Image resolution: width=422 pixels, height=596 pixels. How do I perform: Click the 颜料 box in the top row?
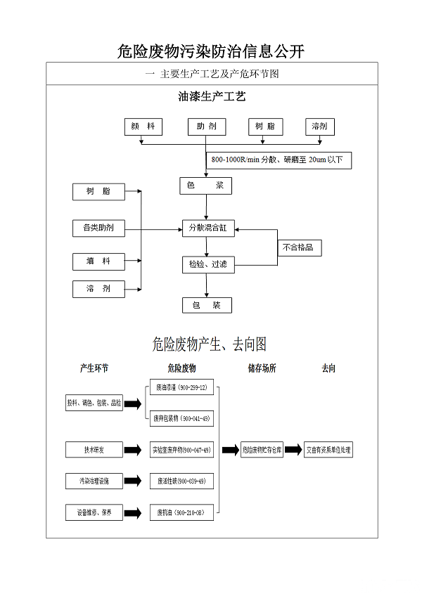143,127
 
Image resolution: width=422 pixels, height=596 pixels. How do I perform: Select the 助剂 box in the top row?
207,127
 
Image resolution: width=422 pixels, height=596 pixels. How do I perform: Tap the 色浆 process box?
205,186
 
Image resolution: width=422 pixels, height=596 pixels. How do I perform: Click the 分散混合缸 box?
207,228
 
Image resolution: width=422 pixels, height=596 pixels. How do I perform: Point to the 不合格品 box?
298,247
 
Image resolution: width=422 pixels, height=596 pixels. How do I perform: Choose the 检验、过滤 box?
207,264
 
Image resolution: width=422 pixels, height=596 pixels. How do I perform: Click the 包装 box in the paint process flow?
207,305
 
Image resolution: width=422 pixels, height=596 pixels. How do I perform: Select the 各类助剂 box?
98,228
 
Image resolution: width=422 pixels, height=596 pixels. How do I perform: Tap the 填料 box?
98,261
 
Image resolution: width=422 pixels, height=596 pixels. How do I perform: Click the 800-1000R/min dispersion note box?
279,160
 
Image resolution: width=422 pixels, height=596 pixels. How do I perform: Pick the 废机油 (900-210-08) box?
181,513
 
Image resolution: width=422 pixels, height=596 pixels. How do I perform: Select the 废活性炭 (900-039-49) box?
181,481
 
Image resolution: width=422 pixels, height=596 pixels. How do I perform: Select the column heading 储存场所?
262,368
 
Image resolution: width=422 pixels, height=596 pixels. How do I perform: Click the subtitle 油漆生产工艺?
212,96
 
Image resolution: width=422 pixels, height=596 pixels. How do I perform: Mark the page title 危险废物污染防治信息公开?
211,51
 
